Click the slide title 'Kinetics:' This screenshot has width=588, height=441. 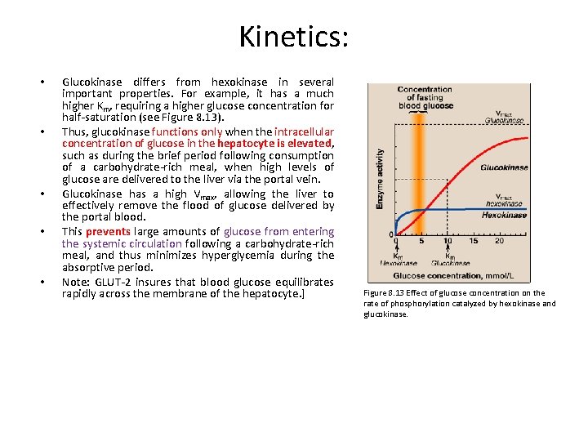coord(293,37)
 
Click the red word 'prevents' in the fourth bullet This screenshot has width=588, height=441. coord(107,232)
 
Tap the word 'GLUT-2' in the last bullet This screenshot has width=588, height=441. coord(113,282)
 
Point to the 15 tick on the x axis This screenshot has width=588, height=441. coord(474,241)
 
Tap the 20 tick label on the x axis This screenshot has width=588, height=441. coord(499,241)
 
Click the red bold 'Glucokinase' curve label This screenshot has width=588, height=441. coord(503,167)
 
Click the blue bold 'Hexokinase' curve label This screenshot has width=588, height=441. coord(504,216)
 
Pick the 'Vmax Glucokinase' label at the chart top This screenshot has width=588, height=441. coord(504,116)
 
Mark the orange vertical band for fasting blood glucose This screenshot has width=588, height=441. coord(419,180)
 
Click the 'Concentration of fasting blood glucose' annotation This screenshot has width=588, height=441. coord(425,97)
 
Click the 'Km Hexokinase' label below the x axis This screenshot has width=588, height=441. coord(398,260)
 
